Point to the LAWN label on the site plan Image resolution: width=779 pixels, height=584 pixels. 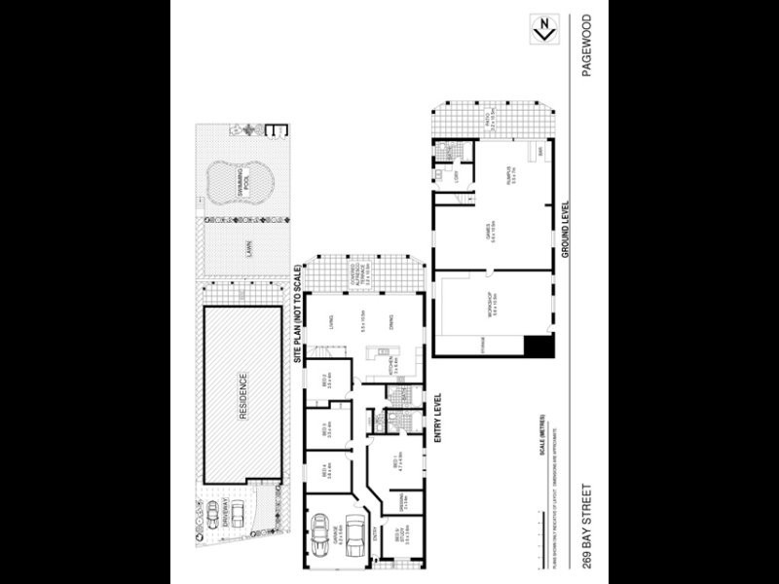pyautogui.click(x=248, y=252)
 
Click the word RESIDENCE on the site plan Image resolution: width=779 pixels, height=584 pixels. pyautogui.click(x=241, y=395)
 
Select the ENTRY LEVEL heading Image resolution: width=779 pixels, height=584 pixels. pyautogui.click(x=438, y=419)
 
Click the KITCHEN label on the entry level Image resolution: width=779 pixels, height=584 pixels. pyautogui.click(x=389, y=366)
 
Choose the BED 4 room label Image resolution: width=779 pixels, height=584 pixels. pyautogui.click(x=329, y=472)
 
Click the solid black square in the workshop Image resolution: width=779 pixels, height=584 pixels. pyautogui.click(x=538, y=346)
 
